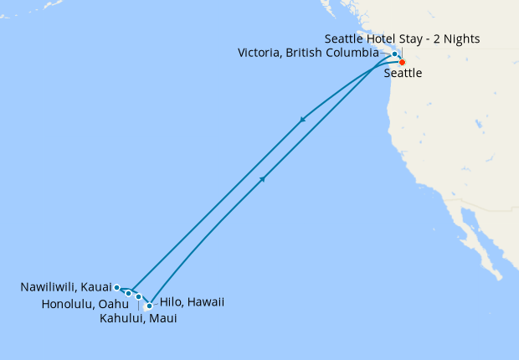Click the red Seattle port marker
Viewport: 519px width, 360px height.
pyautogui.click(x=402, y=63)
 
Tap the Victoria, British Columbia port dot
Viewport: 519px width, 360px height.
pyautogui.click(x=394, y=54)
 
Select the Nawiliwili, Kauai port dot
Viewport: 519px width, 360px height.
pyautogui.click(x=117, y=287)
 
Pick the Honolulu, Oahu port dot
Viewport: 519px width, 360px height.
pyautogui.click(x=128, y=293)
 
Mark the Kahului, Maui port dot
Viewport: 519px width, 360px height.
pyautogui.click(x=138, y=297)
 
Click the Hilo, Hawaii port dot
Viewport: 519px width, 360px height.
pyautogui.click(x=149, y=306)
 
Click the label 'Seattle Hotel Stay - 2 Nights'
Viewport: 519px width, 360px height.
pyautogui.click(x=402, y=39)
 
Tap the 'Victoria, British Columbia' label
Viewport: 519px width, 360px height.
pyautogui.click(x=308, y=54)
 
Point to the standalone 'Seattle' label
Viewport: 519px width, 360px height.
pyautogui.click(x=403, y=74)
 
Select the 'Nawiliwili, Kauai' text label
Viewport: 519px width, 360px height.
pyautogui.click(x=66, y=287)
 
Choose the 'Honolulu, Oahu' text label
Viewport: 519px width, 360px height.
pyautogui.click(x=85, y=303)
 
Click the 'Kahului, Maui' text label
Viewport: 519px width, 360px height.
pyautogui.click(x=138, y=318)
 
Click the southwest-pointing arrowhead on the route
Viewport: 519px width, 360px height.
pyautogui.click(x=302, y=121)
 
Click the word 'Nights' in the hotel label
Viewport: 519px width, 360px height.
pyautogui.click(x=462, y=39)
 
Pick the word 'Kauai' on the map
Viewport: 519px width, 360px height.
pyautogui.click(x=97, y=287)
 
